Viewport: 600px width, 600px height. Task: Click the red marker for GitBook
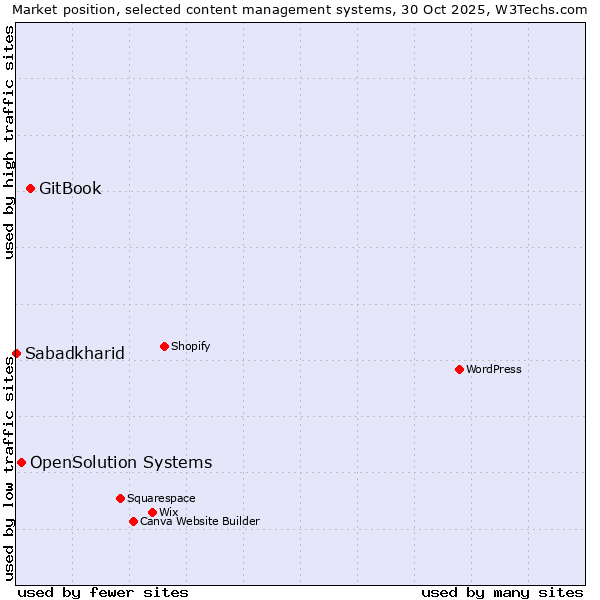pos(30,188)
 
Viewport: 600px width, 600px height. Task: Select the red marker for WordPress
pos(459,369)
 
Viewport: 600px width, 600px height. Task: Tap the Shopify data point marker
pos(164,346)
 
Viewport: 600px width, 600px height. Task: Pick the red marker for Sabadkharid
pos(16,353)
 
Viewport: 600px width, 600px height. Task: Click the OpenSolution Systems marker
pos(21,462)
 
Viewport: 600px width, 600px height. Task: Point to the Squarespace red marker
pos(120,498)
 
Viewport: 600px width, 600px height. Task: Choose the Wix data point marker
pos(152,512)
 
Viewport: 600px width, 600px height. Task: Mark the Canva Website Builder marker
pos(133,521)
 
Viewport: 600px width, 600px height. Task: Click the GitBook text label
pos(70,188)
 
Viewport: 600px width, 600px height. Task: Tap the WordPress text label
pos(494,369)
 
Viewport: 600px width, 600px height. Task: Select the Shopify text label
pos(190,346)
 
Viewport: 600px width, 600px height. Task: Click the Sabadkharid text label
pos(75,353)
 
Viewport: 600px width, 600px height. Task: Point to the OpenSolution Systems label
pos(121,462)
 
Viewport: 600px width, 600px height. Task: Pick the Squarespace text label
pos(161,498)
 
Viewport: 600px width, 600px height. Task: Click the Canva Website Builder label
pos(200,521)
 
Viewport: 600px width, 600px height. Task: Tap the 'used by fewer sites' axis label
pos(103,592)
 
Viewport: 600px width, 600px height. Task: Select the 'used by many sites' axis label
pos(502,592)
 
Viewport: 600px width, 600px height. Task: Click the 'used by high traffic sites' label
pos(9,142)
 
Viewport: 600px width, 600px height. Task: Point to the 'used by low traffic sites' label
pos(9,468)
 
